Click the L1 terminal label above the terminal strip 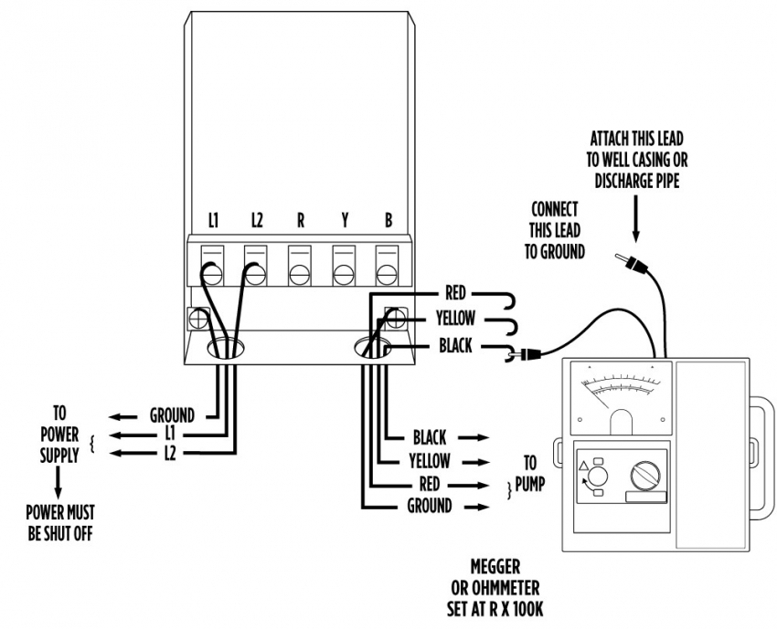tap(213, 221)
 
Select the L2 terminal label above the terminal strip tap(257, 221)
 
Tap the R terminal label tap(300, 221)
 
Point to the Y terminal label tap(344, 221)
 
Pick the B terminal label tap(388, 221)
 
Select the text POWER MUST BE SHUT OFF tap(60, 521)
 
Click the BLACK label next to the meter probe tap(455, 346)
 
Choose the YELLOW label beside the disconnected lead tap(454, 320)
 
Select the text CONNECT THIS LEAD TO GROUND tap(554, 230)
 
